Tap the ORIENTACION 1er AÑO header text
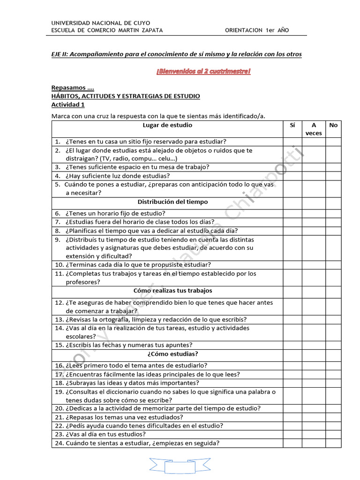[x=257, y=30]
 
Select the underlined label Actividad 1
[x=68, y=105]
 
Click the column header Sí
[x=292, y=126]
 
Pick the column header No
[x=333, y=126]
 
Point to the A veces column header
[x=314, y=129]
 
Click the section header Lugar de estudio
[x=167, y=126]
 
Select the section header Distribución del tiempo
[x=166, y=202]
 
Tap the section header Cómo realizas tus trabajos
[x=173, y=291]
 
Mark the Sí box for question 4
[x=292, y=176]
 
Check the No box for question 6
[x=333, y=213]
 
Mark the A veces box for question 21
[x=314, y=417]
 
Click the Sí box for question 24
[x=292, y=443]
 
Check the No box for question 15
[x=333, y=345]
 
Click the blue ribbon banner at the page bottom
[x=180, y=466]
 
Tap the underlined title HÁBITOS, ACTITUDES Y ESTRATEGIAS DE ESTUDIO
[x=126, y=96]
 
